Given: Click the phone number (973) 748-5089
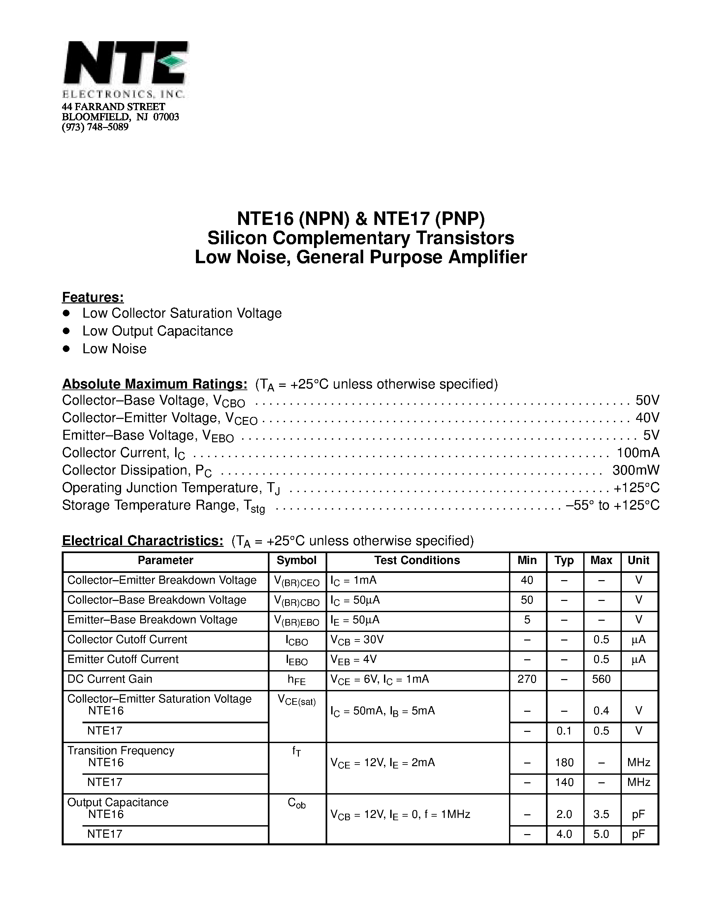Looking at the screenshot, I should (95, 127).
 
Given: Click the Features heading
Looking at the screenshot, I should (93, 297).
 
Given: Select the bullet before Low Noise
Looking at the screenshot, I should (66, 348).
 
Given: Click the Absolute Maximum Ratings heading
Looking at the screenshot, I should (154, 384).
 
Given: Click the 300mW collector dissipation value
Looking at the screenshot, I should (635, 470).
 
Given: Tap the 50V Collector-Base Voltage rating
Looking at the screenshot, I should (647, 400).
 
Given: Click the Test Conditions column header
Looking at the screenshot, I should (417, 560).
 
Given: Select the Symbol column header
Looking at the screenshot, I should (297, 560).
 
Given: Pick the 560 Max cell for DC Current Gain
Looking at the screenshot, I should (601, 679).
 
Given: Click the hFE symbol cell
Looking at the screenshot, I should (297, 680).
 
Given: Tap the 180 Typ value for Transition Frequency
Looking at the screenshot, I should (564, 763).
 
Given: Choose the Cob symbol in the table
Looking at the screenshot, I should (297, 803).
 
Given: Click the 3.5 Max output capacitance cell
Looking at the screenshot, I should (601, 814).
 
